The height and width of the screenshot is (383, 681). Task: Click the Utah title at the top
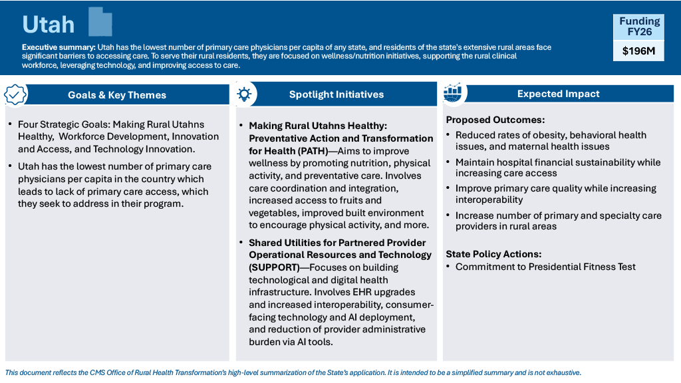[x=49, y=25]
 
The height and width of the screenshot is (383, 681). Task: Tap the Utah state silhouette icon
[x=100, y=24]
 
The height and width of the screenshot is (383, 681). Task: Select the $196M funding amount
[x=638, y=51]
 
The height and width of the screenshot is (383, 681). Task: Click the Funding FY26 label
[x=638, y=26]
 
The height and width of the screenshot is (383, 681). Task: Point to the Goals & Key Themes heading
[x=117, y=95]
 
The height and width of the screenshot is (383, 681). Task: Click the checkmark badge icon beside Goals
[x=16, y=94]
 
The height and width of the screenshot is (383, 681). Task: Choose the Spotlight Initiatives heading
[x=337, y=94]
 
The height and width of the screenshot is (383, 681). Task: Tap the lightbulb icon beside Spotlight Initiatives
[x=244, y=94]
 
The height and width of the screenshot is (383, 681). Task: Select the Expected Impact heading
[x=559, y=94]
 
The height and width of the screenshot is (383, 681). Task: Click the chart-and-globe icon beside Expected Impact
[x=453, y=94]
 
